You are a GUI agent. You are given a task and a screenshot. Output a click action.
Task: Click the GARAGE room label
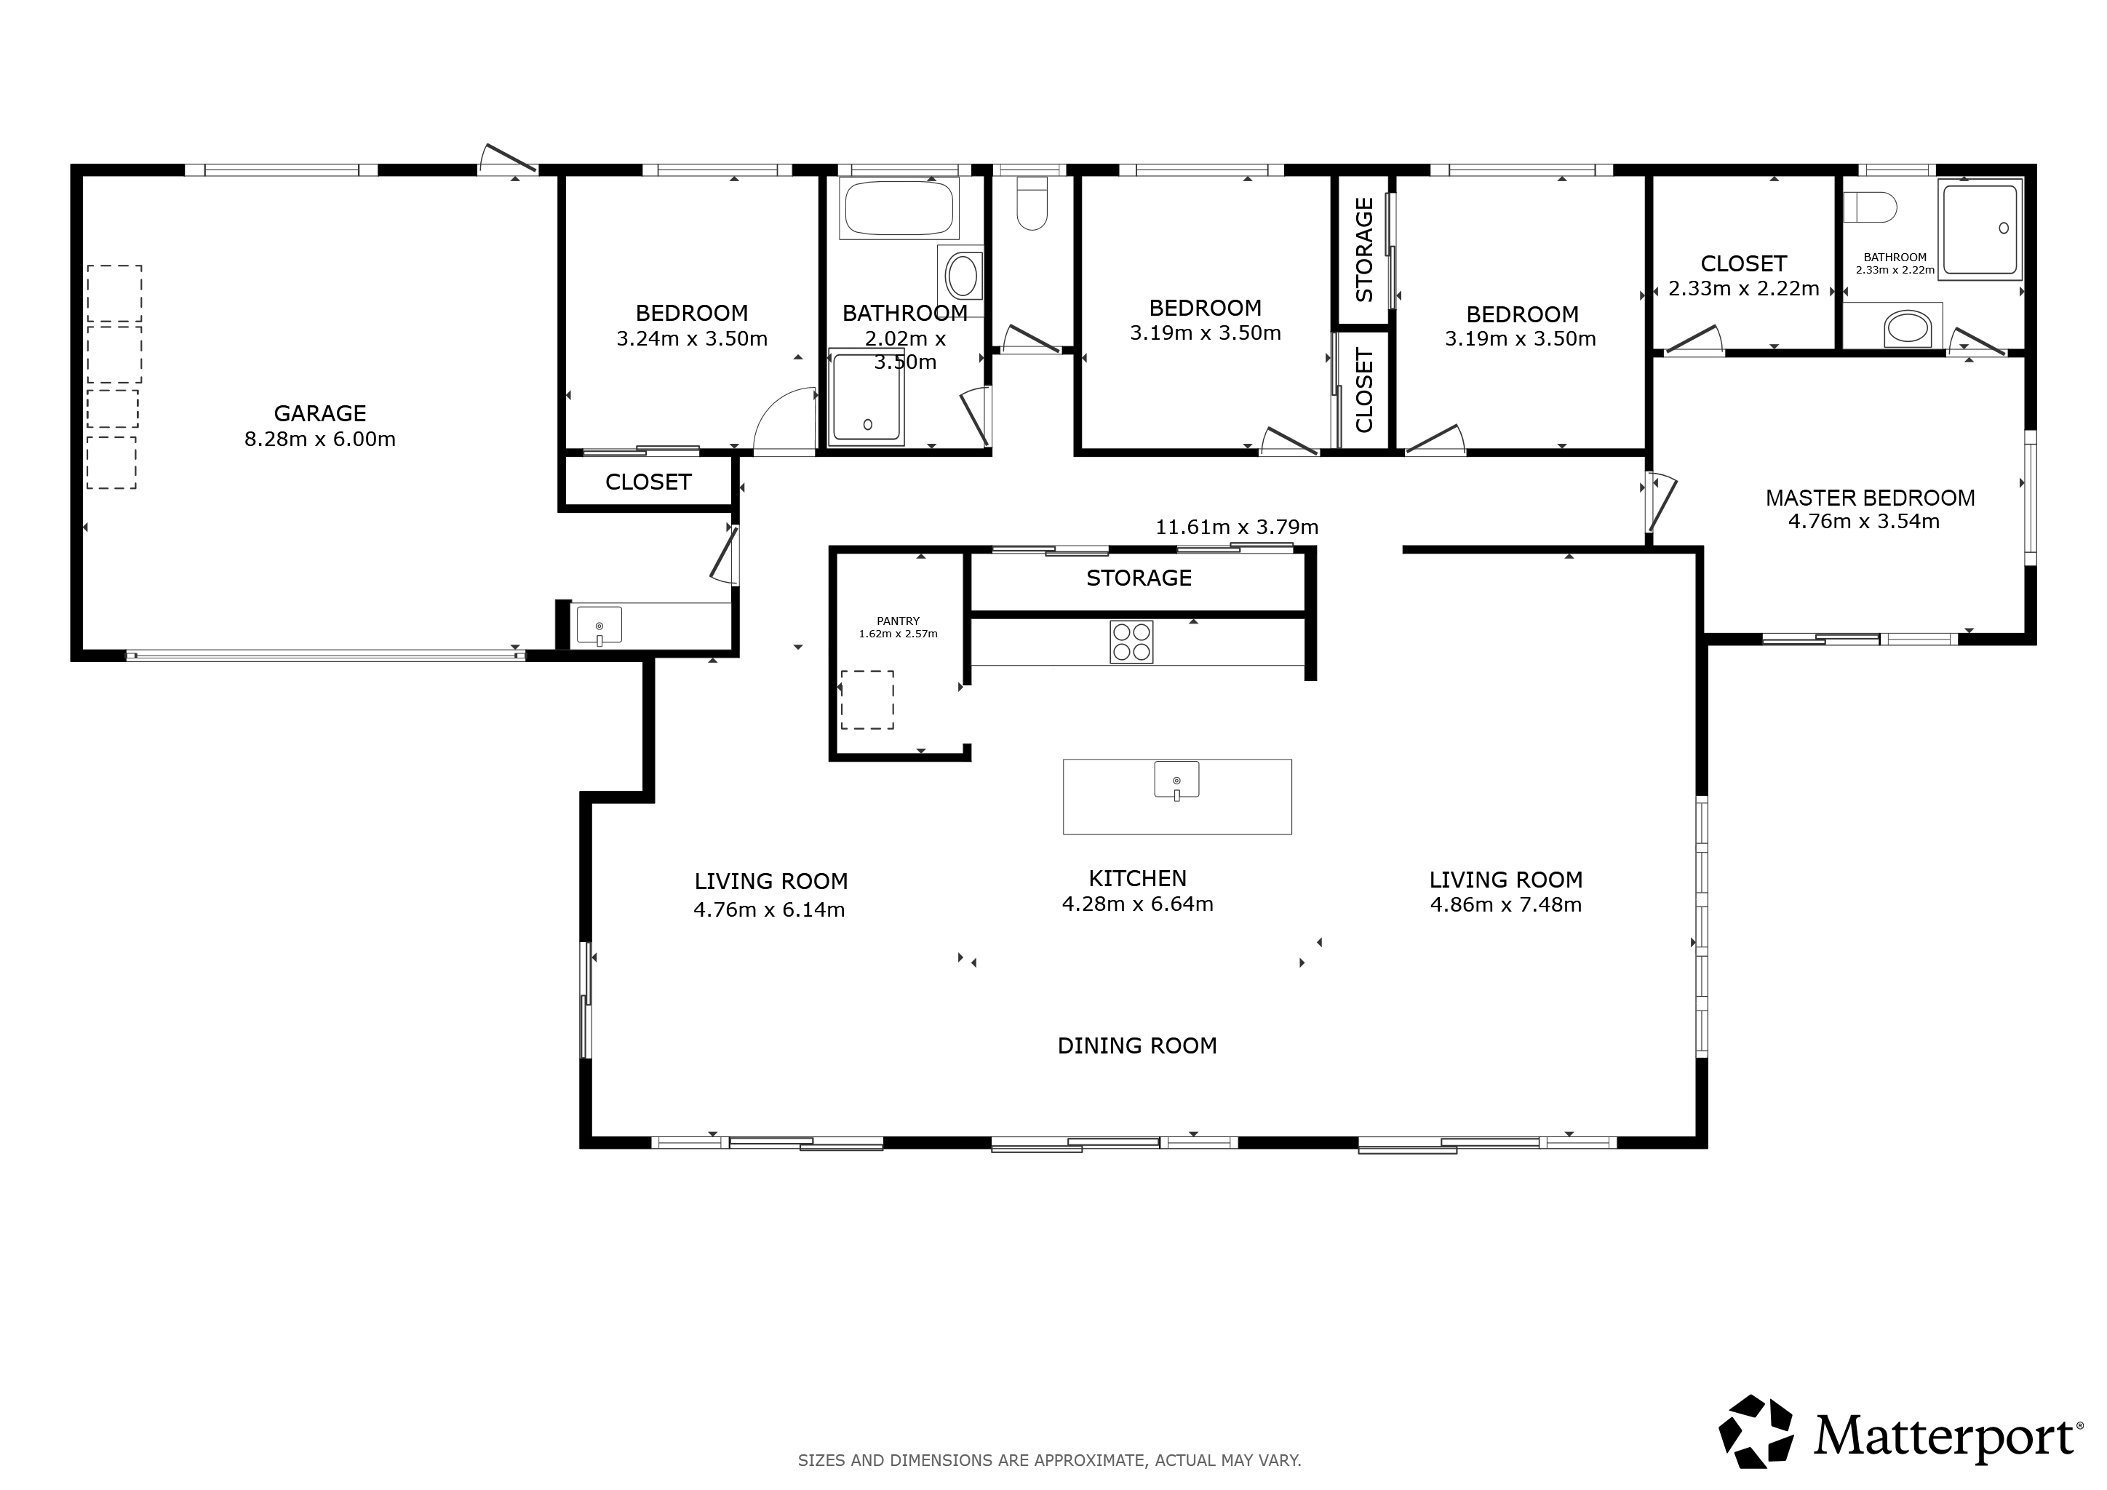coord(319,414)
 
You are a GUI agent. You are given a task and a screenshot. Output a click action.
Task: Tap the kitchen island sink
coord(1176,781)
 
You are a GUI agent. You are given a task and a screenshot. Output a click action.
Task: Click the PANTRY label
coord(898,621)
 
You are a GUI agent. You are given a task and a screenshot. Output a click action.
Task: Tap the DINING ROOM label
coord(1137,1046)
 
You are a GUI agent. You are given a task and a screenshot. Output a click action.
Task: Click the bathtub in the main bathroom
coord(899,208)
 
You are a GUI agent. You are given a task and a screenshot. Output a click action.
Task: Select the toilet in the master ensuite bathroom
coord(1871,207)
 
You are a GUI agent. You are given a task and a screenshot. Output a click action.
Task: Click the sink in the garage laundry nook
coord(600,626)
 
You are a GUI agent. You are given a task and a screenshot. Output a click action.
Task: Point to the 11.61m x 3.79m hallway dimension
coord(1237,527)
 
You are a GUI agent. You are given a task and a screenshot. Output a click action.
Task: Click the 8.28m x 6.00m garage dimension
coord(320,439)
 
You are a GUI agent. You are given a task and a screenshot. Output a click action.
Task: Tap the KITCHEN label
coord(1138,879)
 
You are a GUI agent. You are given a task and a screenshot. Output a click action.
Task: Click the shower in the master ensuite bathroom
coord(1980,229)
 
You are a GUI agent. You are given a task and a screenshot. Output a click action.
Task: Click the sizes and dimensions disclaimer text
coord(1050,1459)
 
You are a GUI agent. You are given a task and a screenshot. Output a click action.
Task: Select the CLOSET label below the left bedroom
coord(648,482)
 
